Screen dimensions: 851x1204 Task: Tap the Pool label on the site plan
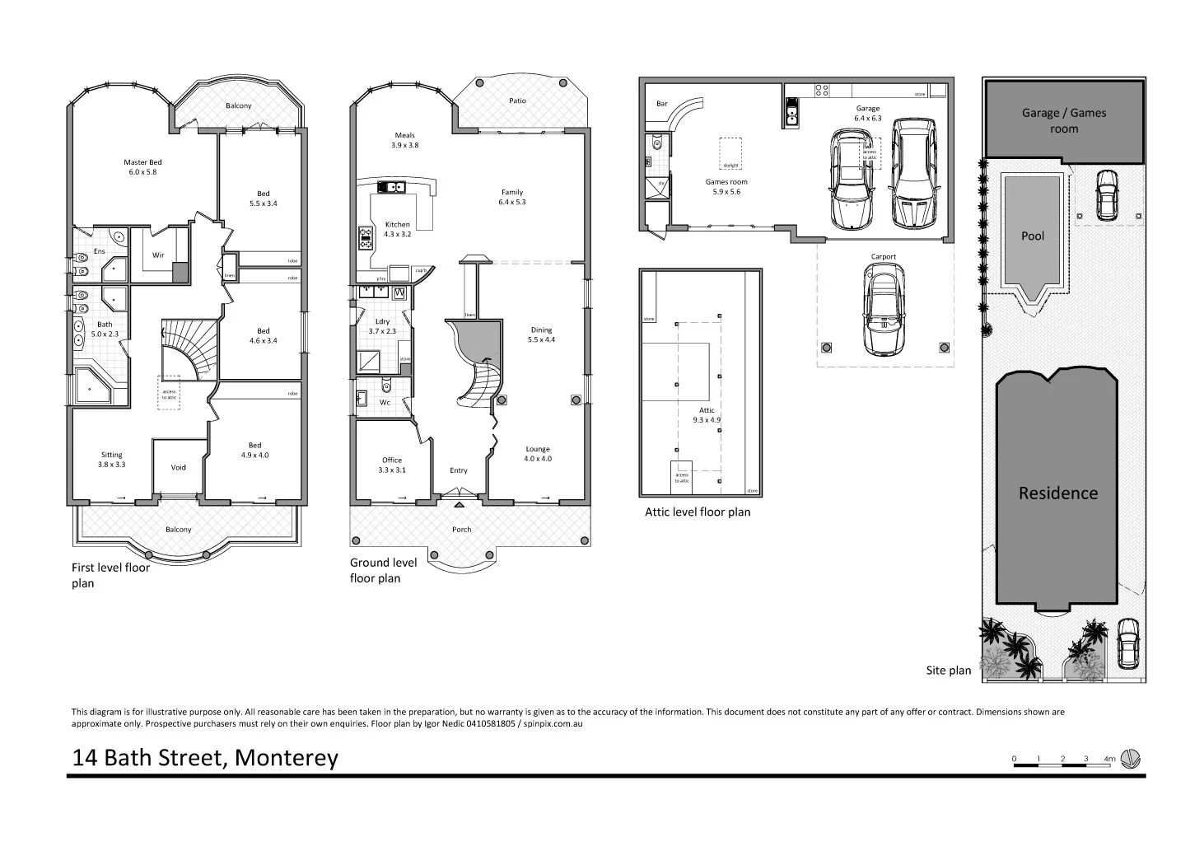tap(1033, 236)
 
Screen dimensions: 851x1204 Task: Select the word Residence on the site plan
tap(1058, 493)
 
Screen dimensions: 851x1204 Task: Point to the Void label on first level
tap(179, 468)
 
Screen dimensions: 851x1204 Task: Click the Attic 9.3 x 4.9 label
tap(707, 415)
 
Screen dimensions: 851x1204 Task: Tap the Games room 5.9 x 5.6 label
tap(726, 187)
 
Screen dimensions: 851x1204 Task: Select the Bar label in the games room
tap(662, 105)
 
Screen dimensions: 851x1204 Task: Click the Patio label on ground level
tap(517, 101)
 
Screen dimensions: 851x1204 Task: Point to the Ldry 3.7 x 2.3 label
tap(382, 326)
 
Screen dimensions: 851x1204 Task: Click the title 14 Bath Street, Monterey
tap(205, 758)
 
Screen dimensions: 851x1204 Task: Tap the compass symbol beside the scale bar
tap(1132, 759)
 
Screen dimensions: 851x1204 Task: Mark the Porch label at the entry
tap(461, 530)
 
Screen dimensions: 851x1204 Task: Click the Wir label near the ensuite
tap(158, 255)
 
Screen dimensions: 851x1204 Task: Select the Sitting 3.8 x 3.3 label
tap(112, 460)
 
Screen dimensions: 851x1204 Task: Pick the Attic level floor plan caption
tap(698, 512)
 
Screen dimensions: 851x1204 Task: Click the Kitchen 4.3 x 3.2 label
tap(397, 229)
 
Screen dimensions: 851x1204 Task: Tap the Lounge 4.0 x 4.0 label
tap(538, 454)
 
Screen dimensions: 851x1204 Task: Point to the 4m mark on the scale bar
tap(1108, 759)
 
